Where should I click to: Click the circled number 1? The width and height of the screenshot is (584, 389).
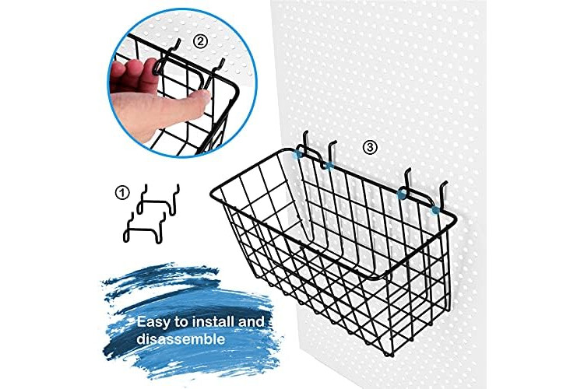122,193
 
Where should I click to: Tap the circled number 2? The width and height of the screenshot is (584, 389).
200,41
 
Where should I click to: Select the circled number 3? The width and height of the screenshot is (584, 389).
369,147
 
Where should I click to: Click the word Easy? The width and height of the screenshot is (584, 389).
153,321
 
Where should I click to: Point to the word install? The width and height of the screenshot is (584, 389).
214,321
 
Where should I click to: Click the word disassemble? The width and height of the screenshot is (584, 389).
181,339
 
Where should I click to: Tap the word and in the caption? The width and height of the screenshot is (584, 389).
252,321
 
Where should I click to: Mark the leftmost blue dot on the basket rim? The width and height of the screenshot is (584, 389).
297,154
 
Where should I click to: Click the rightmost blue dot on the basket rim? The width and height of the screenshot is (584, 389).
434,211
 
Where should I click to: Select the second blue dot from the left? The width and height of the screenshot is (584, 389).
328,165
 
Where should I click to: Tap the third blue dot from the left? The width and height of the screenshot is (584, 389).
403,194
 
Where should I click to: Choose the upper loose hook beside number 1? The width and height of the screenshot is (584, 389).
157,200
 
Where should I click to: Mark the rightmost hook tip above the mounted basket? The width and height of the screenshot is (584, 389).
445,183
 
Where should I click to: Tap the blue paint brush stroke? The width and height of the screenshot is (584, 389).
191,320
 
